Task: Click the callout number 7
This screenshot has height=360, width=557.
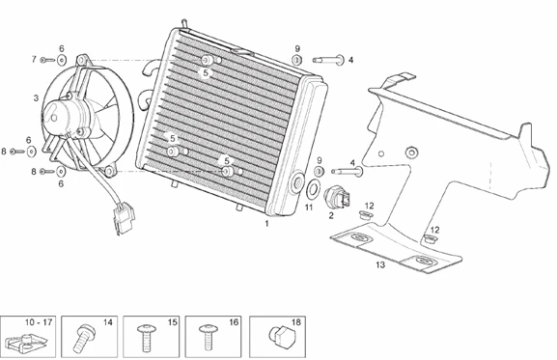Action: click(x=34, y=59)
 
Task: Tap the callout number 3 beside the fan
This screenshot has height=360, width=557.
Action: click(x=36, y=98)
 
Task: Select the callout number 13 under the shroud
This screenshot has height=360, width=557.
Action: click(x=380, y=264)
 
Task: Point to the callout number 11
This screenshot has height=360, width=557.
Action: click(x=309, y=207)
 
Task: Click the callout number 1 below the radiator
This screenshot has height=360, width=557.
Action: click(x=266, y=223)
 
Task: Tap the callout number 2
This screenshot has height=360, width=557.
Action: click(x=331, y=215)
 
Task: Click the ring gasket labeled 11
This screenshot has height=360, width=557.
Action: click(x=313, y=188)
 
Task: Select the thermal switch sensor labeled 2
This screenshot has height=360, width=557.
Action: click(x=337, y=198)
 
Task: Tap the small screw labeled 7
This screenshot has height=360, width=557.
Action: click(x=47, y=61)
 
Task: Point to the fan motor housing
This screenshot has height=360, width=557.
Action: click(x=67, y=115)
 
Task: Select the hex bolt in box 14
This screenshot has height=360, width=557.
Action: click(x=84, y=338)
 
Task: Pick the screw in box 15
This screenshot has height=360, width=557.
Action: click(x=146, y=338)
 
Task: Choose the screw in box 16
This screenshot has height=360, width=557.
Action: click(x=208, y=337)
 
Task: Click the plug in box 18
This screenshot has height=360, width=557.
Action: click(x=283, y=337)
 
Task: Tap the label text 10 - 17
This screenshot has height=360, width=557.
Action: click(x=39, y=322)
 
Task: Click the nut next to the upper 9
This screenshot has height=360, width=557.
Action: click(x=297, y=60)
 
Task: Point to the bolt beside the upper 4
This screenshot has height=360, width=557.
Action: click(x=328, y=60)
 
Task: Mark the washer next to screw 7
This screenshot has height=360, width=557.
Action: click(x=62, y=61)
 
